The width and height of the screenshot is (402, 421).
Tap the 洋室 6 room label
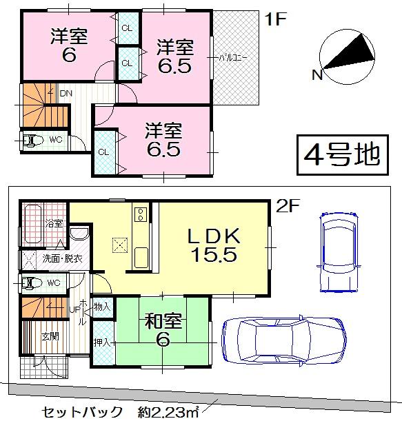point(68,46)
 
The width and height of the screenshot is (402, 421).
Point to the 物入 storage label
point(102,306)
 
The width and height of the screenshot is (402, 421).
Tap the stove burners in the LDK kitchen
point(141,214)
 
